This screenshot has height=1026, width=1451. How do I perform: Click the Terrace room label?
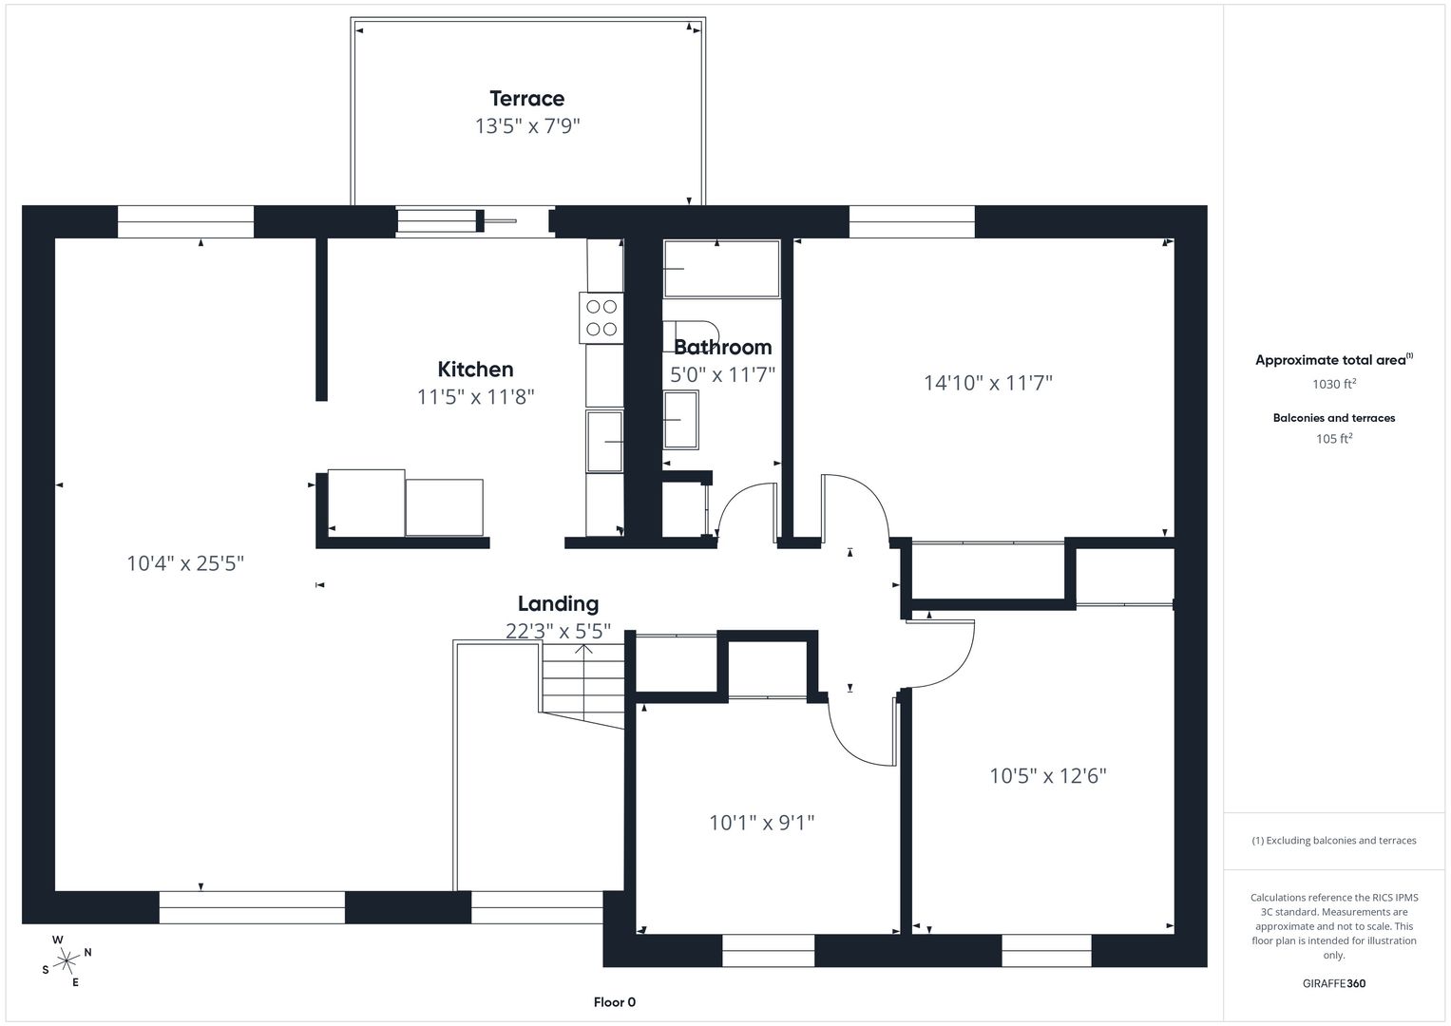526,99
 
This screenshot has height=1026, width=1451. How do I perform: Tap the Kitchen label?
475,370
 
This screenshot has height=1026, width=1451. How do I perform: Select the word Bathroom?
723,347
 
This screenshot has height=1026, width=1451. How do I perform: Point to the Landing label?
558,603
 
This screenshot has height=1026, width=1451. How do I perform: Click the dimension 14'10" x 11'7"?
988,383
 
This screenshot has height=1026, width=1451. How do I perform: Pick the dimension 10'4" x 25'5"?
185,563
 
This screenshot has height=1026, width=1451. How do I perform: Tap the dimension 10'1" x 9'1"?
761,823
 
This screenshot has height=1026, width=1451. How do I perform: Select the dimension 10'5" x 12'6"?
1048,775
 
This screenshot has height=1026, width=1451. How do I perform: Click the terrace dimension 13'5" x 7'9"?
527,125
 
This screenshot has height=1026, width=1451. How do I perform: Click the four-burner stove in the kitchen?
601,318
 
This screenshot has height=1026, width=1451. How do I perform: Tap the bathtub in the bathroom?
721,269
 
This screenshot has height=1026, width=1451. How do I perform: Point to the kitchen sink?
604,441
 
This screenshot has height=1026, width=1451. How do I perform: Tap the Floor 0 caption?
614,1002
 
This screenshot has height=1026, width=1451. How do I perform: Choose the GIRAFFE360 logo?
1334,983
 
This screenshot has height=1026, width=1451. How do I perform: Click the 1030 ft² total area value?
1334,384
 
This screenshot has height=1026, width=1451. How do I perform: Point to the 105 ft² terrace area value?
1334,439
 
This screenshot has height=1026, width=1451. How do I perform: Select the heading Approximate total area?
1334,359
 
